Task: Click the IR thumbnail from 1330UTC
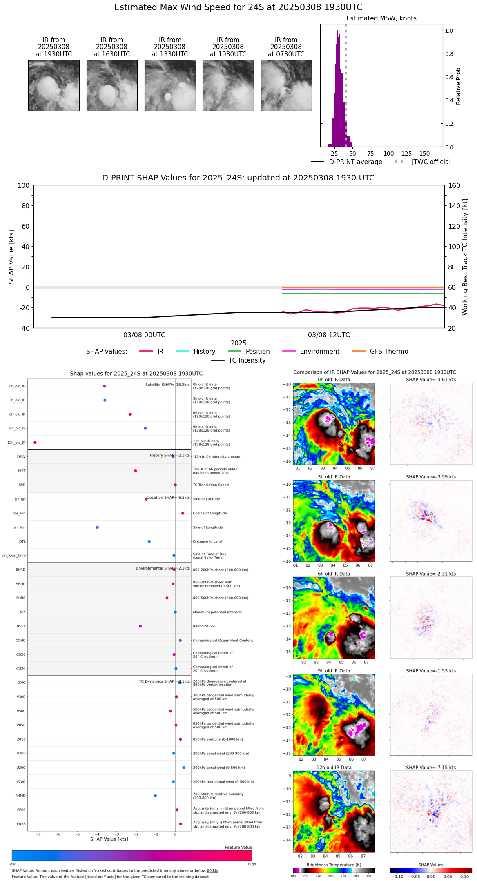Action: (x=170, y=85)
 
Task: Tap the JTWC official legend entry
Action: (x=431, y=162)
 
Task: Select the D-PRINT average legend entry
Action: (x=355, y=162)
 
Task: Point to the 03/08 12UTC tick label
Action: (x=329, y=335)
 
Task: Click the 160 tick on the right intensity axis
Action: (x=454, y=186)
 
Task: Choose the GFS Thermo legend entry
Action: (x=389, y=352)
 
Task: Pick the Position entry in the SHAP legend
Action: (x=257, y=352)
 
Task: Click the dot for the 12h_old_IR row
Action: (x=35, y=443)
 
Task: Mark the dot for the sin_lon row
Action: (x=97, y=527)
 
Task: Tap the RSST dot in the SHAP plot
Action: (x=140, y=626)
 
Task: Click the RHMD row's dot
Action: (x=155, y=796)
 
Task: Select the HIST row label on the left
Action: (x=22, y=471)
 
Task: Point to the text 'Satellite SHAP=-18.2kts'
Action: (x=167, y=385)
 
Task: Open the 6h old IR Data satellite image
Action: (x=334, y=617)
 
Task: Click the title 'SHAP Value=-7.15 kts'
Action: (x=430, y=768)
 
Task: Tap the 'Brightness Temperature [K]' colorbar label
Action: (x=334, y=865)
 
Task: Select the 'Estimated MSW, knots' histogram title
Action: (x=381, y=18)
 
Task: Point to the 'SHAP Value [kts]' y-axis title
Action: (x=11, y=257)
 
